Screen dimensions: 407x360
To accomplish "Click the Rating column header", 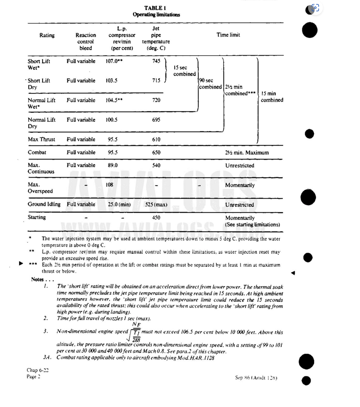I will coord(47,35).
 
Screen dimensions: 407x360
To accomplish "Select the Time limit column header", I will coord(228,35).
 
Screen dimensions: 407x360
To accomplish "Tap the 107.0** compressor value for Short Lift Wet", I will coord(114,61).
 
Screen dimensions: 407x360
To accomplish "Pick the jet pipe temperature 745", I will coord(156,61).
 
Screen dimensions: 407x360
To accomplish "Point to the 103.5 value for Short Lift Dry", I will coord(111,81).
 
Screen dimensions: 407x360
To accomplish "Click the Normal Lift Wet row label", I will coord(41,103).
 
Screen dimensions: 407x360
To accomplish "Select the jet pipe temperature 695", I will coord(156,120).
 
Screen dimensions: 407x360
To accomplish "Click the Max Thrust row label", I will coord(41,140).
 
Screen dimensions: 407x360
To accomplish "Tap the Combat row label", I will coord(37,153).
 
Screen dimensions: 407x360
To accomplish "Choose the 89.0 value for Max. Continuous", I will coord(111,165).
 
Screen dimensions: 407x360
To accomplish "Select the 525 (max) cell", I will coord(156,205).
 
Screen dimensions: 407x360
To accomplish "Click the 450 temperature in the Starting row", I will coord(156,218).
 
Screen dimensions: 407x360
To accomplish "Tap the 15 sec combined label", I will coord(184,71).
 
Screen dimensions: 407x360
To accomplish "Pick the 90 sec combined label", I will coord(210,84).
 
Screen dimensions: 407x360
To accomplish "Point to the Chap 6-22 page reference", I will coord(37,370).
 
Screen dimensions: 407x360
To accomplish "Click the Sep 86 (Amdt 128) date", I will coord(256,378).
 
